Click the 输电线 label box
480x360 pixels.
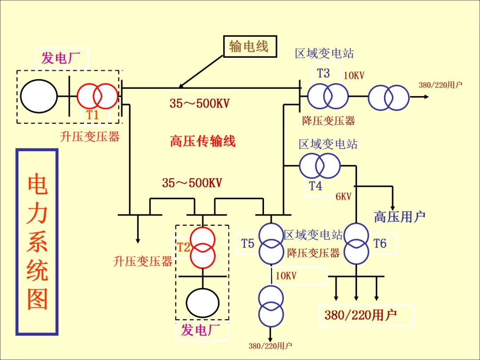(x=250, y=47)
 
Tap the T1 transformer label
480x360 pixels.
(x=92, y=115)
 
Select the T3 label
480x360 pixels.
(x=323, y=73)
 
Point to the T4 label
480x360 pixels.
(x=315, y=185)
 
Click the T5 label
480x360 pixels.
(x=248, y=244)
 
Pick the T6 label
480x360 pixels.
(x=380, y=244)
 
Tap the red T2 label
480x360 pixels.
(x=184, y=247)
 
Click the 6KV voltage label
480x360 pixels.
(x=344, y=196)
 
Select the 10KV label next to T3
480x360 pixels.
(x=354, y=75)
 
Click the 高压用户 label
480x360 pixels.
(x=400, y=217)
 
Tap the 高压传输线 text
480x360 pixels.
(x=203, y=141)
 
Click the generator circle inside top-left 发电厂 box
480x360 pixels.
(x=39, y=96)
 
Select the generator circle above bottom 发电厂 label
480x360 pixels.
(x=203, y=303)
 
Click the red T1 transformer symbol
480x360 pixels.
(x=97, y=96)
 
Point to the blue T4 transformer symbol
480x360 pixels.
(x=320, y=166)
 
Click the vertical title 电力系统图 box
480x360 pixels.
(x=37, y=242)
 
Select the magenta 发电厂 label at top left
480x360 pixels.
(x=61, y=58)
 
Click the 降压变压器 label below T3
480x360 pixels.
(x=328, y=121)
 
